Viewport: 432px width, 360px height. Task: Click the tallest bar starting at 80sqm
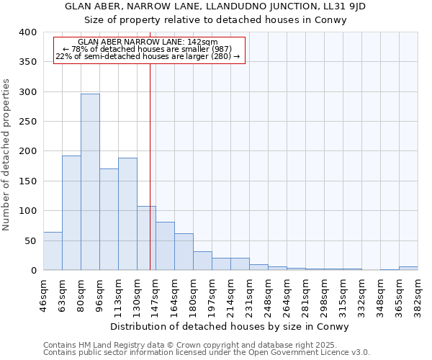click(x=90, y=181)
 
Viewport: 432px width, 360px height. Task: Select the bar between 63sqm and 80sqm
click(x=71, y=212)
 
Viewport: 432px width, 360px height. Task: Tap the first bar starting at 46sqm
click(x=53, y=251)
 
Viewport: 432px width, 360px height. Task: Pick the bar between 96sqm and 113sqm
click(x=109, y=219)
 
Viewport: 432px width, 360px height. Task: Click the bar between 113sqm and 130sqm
click(x=127, y=214)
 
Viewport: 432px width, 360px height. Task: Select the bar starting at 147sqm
click(x=165, y=246)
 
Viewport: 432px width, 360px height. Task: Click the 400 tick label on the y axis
click(x=27, y=32)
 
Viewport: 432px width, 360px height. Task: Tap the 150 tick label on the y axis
click(x=27, y=181)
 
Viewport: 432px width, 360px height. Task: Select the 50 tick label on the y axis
click(x=30, y=241)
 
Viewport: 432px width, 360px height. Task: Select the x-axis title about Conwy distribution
click(x=230, y=326)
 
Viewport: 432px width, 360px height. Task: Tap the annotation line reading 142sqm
click(x=148, y=42)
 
